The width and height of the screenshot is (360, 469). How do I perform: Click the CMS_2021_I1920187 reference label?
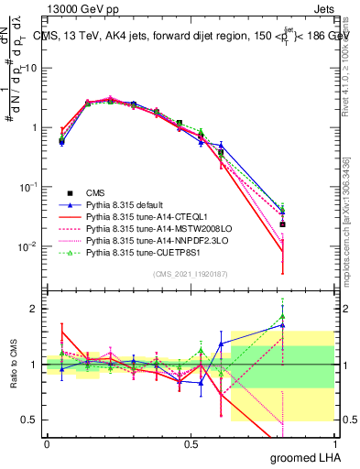tap(190, 275)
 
